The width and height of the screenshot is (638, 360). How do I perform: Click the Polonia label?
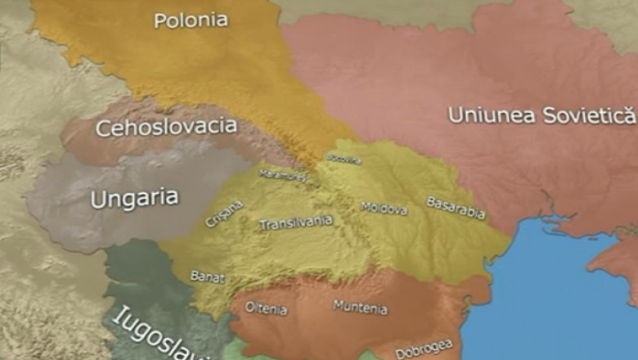click(x=191, y=20)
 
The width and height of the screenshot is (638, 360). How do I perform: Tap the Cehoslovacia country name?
click(x=166, y=128)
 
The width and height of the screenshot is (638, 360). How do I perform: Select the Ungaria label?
click(x=134, y=198)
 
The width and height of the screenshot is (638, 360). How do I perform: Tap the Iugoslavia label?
click(x=159, y=334)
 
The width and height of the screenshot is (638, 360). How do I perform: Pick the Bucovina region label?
click(x=344, y=159)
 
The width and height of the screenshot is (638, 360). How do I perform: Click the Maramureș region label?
click(x=282, y=174)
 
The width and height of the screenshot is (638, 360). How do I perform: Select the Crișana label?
click(x=224, y=214)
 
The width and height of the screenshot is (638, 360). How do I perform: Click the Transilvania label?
click(x=295, y=223)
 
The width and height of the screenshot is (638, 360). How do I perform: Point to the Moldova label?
click(x=384, y=209)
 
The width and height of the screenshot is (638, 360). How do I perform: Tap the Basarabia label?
click(x=456, y=209)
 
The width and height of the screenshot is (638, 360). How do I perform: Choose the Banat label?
click(x=207, y=277)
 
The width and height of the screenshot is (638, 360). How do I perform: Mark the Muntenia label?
click(x=360, y=308)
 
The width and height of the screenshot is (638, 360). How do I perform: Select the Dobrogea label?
click(x=424, y=347)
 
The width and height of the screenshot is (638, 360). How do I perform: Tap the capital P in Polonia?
click(x=160, y=20)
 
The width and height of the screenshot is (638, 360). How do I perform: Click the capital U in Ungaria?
click(x=98, y=199)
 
